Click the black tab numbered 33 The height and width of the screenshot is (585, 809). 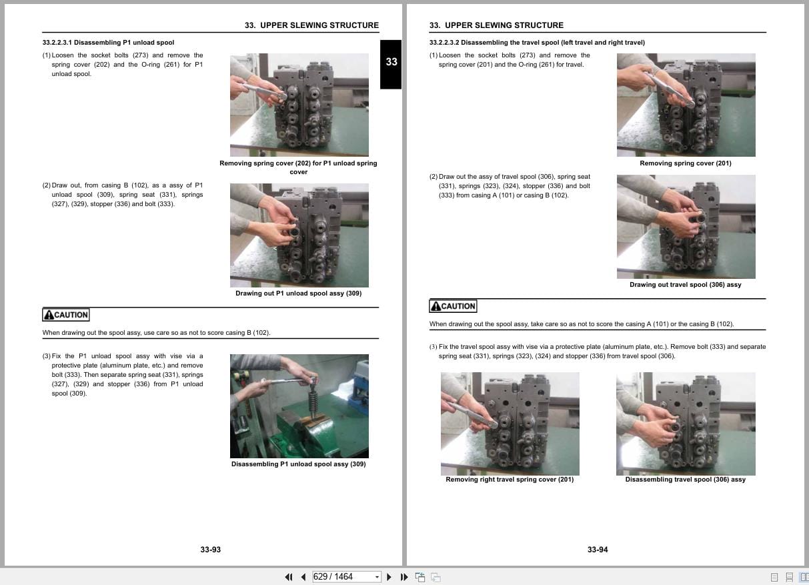click(x=391, y=62)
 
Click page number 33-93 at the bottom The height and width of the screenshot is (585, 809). click(x=210, y=550)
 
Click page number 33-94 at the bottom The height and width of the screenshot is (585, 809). click(x=598, y=550)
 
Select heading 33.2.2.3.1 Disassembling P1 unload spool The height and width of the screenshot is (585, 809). click(x=108, y=43)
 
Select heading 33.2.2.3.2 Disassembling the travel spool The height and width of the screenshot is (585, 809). click(x=537, y=43)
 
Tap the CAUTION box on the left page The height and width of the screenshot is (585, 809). click(x=65, y=315)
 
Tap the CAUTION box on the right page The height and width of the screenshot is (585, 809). click(x=453, y=306)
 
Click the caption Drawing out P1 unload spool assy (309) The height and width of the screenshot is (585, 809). click(x=298, y=294)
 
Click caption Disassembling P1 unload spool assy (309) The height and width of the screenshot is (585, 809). click(x=298, y=464)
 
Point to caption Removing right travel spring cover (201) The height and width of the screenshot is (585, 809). click(x=510, y=480)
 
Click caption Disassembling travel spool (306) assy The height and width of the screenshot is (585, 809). click(x=685, y=480)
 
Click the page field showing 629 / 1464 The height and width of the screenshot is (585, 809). click(x=342, y=577)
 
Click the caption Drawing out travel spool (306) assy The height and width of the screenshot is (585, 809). click(x=685, y=285)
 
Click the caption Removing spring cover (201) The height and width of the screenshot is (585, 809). click(x=685, y=163)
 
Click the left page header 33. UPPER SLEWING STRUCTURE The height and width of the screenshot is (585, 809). click(x=311, y=25)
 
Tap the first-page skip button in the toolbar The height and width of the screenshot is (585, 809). click(x=289, y=577)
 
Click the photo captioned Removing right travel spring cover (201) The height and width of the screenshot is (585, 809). click(x=510, y=424)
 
